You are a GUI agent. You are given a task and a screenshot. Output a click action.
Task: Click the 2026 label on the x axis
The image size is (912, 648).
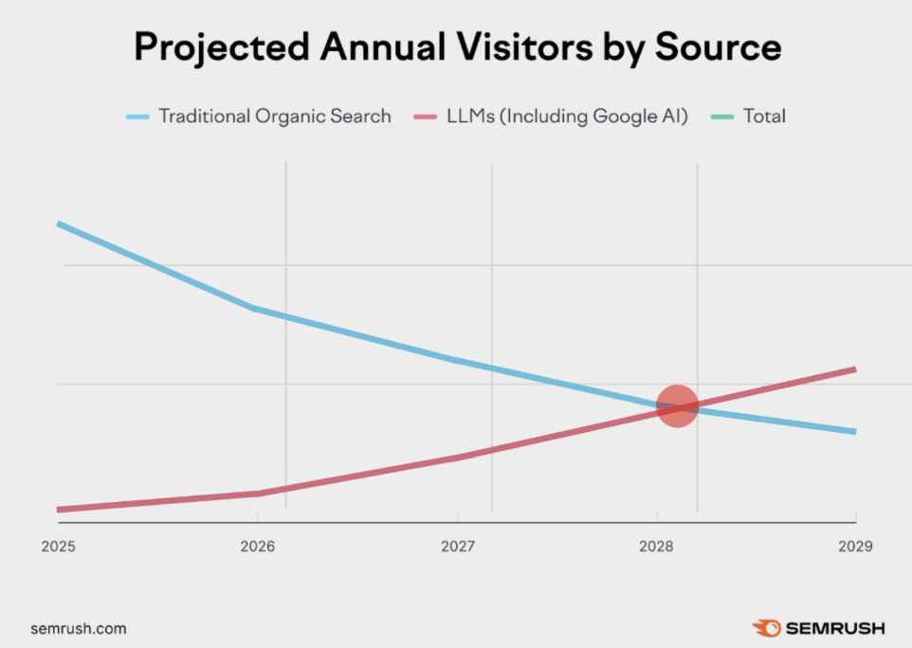[x=257, y=547]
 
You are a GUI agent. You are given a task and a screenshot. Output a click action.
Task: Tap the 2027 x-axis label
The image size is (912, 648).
[x=457, y=547]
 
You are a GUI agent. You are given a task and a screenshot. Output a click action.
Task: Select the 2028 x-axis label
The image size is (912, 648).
[x=657, y=547]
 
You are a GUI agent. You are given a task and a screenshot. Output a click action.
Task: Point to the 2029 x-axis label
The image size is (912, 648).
[x=855, y=547]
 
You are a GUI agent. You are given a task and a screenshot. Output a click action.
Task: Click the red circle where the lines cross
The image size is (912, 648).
[x=677, y=406]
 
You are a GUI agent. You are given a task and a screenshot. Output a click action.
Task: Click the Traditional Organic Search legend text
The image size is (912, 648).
[x=274, y=117]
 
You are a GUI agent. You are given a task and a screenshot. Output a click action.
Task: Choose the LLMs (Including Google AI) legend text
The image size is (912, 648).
[x=566, y=117]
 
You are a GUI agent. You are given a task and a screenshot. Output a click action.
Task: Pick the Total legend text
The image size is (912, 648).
[x=764, y=117]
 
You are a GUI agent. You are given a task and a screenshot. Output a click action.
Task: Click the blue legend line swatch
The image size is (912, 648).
[x=138, y=117]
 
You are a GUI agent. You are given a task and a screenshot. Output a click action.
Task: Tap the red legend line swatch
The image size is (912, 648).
[x=426, y=117]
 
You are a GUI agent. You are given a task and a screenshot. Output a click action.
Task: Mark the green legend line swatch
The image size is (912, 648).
[x=722, y=117]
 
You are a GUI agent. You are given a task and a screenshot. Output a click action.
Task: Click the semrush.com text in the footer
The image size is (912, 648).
[x=78, y=628]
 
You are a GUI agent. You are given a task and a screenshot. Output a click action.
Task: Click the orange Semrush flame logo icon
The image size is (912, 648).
[x=766, y=628]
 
